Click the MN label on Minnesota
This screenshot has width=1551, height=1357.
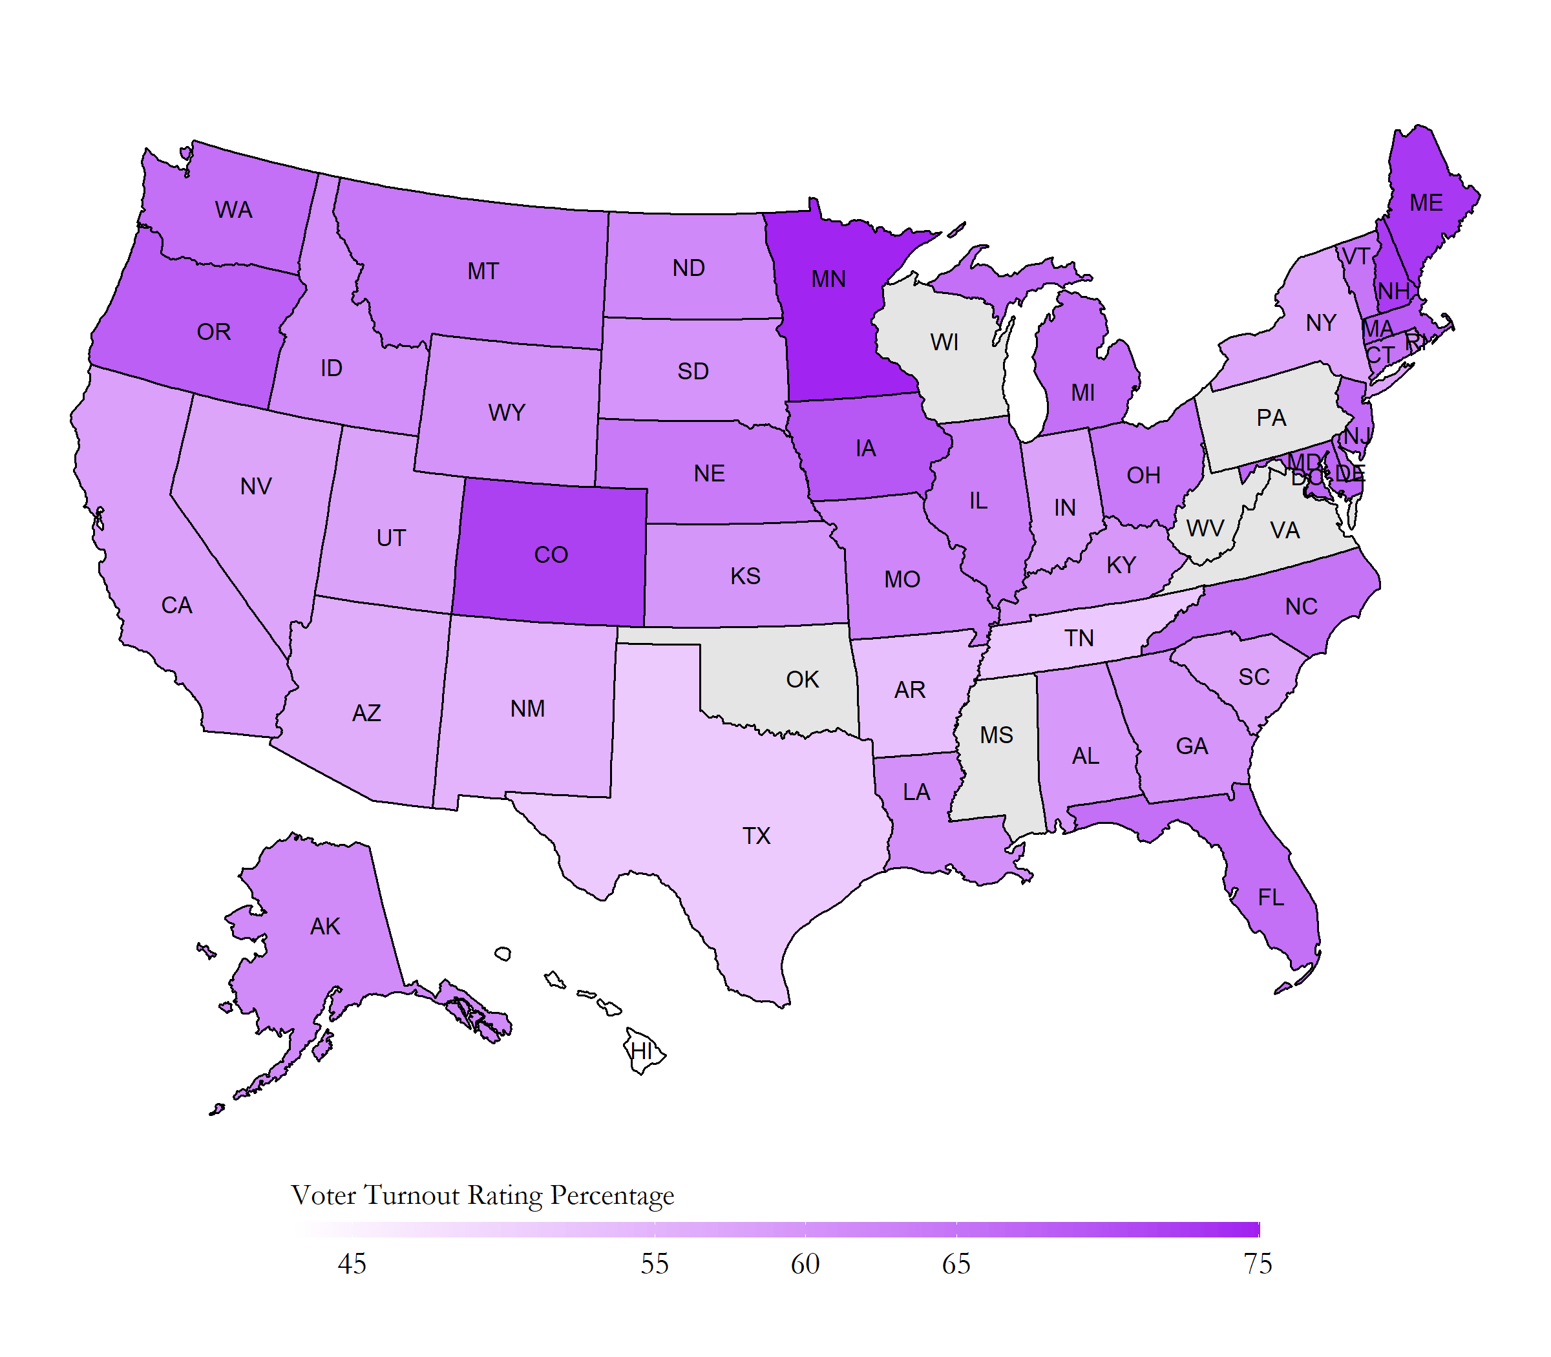click(828, 279)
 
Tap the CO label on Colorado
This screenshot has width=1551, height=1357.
click(551, 555)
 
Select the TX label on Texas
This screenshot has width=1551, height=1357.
click(756, 836)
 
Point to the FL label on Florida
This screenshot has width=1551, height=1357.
click(1271, 898)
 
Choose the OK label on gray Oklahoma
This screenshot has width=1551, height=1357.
click(802, 680)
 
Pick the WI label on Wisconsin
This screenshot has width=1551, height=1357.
click(944, 343)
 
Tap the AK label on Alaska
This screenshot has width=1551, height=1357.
click(325, 927)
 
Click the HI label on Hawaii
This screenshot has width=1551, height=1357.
click(640, 1051)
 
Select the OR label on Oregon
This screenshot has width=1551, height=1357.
click(213, 332)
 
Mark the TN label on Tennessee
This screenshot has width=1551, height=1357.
click(1079, 638)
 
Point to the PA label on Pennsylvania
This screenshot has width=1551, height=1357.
click(1271, 418)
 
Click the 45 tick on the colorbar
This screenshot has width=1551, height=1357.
click(352, 1264)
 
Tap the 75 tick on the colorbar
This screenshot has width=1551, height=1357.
click(1258, 1264)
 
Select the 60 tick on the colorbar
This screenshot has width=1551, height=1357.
click(805, 1264)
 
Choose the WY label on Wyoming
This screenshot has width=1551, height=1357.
click(507, 413)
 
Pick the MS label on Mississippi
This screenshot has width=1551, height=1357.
click(996, 735)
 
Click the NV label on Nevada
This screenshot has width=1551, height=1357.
click(256, 487)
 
